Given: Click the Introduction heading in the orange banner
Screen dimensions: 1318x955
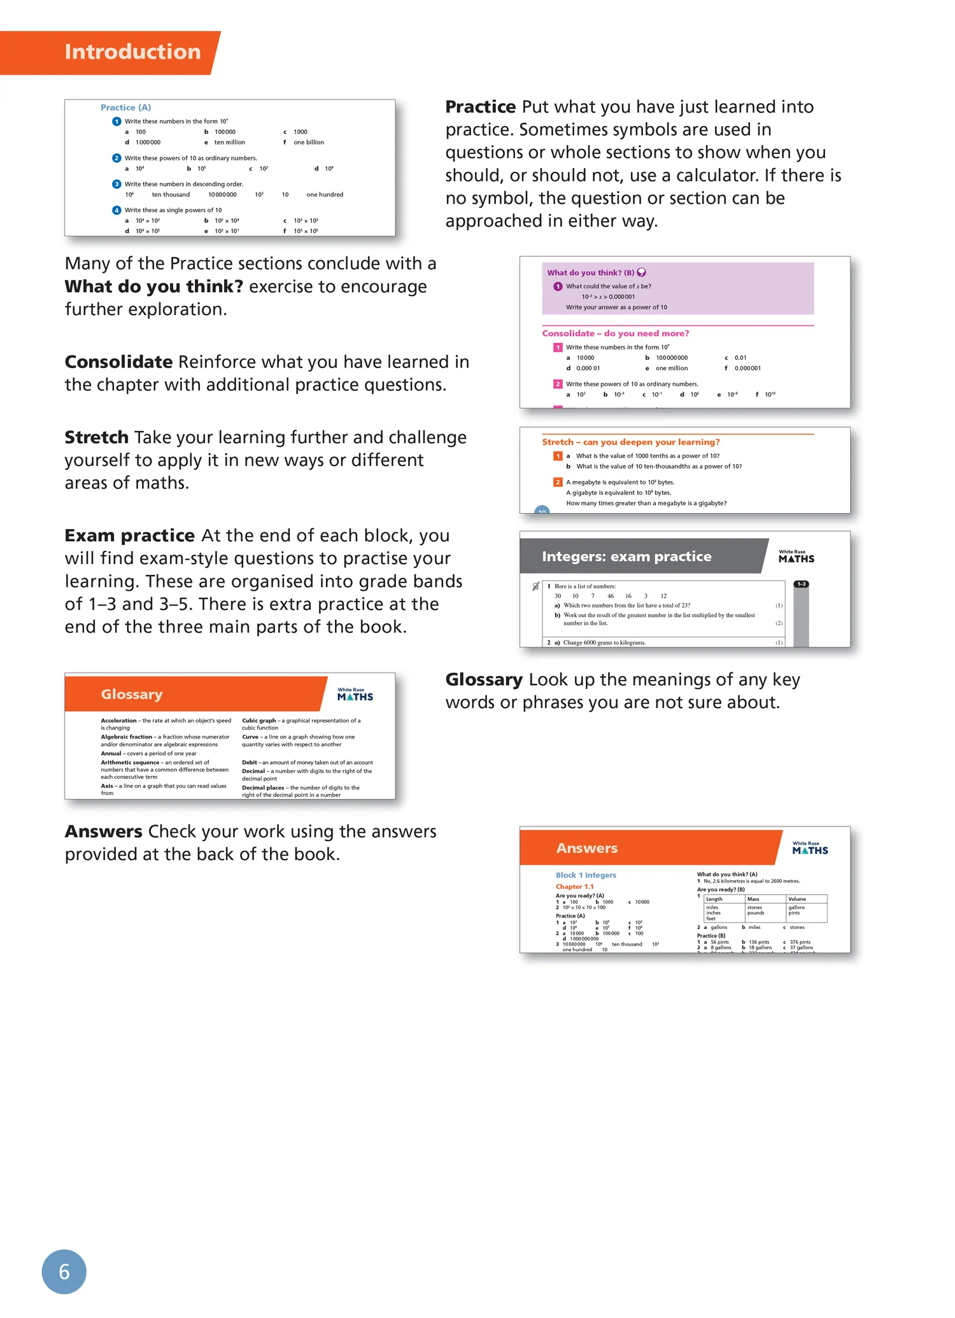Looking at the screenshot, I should pos(132,52).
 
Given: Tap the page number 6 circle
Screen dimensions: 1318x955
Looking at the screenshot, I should pos(64,1272).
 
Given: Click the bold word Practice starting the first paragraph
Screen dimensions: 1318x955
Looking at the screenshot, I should pos(480,107).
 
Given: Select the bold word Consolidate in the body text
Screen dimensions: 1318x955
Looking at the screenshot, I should pos(118,362).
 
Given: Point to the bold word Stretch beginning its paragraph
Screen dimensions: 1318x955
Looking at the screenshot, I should pos(96,437).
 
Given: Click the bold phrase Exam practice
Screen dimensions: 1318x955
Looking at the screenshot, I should pos(129,535).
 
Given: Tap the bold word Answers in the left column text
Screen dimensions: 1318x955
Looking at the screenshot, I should pos(103,832).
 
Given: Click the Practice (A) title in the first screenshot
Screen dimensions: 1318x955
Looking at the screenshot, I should pos(125,108).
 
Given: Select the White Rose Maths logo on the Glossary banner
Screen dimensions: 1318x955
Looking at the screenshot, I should pos(355,695).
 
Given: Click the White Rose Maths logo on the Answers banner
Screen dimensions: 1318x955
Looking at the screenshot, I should pos(810,848).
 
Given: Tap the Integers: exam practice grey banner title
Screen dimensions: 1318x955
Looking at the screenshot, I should pos(626,556).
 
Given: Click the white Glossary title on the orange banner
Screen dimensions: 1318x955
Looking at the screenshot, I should pos(132,695).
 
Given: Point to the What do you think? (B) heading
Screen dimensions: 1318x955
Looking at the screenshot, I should pos(590,273).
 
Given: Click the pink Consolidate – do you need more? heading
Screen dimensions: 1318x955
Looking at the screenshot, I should pos(615,334).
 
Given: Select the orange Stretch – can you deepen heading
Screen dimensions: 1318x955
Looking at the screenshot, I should pos(630,442).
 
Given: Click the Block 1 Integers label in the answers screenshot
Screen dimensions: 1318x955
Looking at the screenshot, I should pos(586,875).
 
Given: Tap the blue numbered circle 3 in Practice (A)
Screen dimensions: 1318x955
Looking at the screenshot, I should pos(117,184).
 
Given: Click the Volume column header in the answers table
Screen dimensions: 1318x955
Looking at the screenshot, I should pos(797,899).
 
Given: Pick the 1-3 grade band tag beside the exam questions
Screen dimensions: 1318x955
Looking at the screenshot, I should pos(801,584).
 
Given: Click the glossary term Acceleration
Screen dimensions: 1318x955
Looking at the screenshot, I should pos(118,721).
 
